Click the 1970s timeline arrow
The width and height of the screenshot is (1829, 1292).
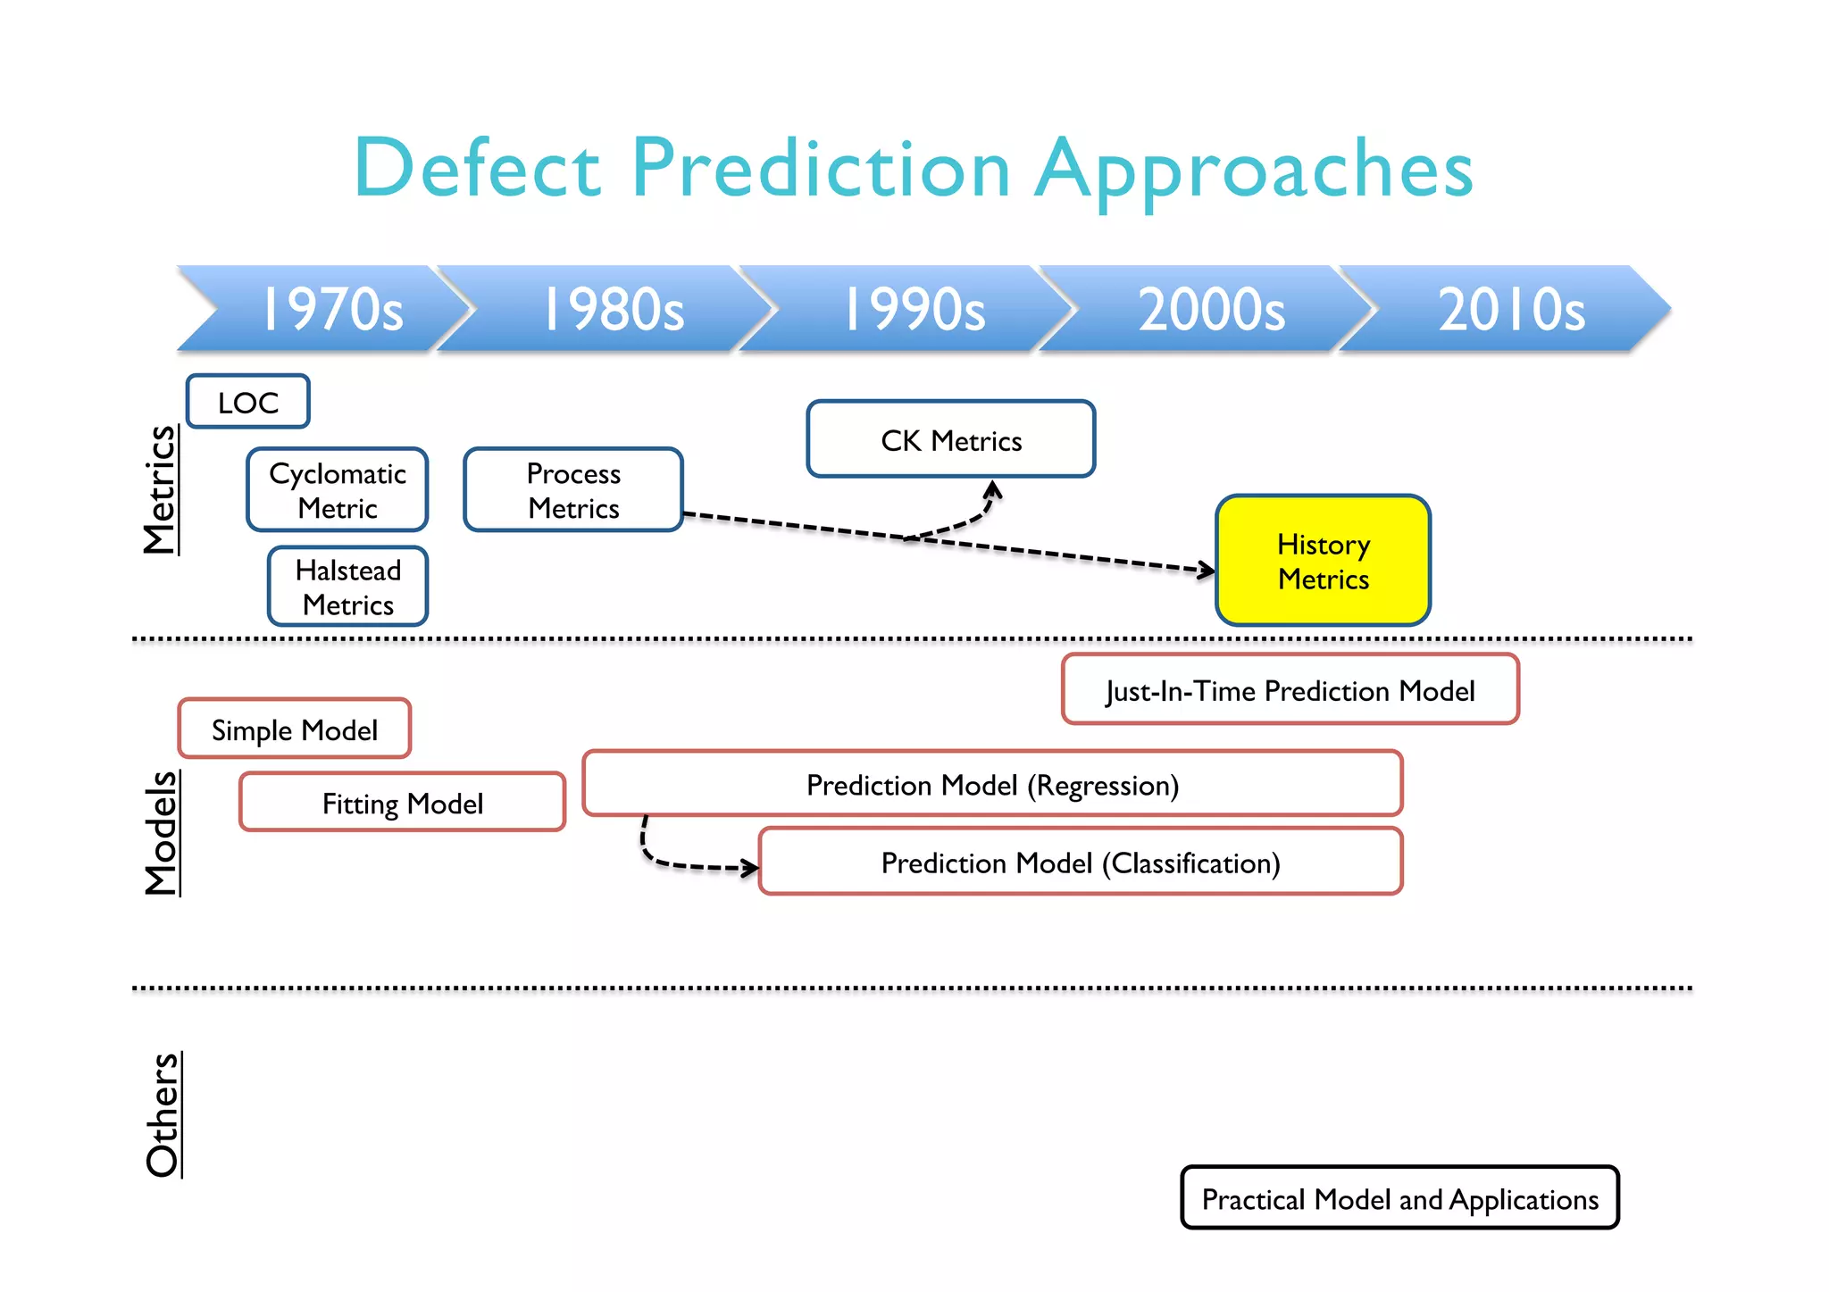[x=330, y=309]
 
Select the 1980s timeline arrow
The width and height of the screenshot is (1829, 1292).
[x=614, y=309]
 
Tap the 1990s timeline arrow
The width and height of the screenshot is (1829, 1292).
[x=914, y=309]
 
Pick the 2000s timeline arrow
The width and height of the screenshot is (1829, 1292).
[x=1211, y=309]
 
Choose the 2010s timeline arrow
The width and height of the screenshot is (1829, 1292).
[x=1511, y=309]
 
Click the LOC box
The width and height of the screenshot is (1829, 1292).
[x=248, y=402]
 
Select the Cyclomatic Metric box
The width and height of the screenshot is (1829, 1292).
[x=338, y=490]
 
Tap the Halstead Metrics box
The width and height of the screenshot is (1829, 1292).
[x=348, y=587]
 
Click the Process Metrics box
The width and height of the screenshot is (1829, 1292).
[x=573, y=490]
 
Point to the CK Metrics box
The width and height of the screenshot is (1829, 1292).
[x=951, y=439]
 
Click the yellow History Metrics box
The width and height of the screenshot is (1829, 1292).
[x=1323, y=561]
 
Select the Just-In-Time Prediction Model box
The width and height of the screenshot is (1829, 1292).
[x=1290, y=690]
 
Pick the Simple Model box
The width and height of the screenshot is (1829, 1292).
[x=295, y=729]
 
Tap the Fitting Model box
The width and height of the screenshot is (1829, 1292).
[x=403, y=803]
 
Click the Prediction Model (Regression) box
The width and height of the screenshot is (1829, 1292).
[x=992, y=784]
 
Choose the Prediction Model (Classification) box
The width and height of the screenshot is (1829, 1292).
[x=1081, y=863]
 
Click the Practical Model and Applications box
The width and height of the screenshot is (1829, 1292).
[x=1399, y=1198]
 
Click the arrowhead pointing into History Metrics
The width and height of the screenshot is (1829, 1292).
[x=1207, y=570]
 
